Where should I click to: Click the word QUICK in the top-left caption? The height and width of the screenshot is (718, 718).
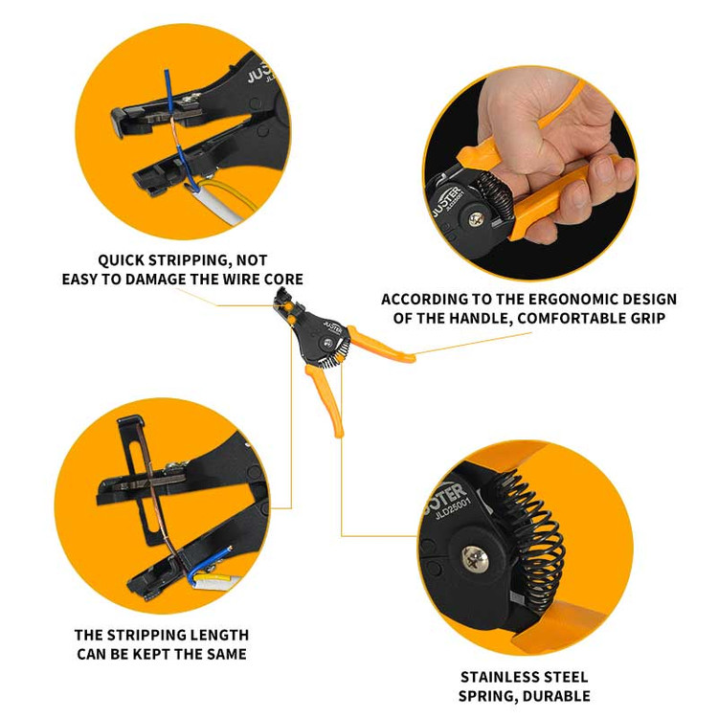(x=121, y=260)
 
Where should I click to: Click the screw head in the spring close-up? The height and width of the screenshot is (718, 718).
(x=475, y=559)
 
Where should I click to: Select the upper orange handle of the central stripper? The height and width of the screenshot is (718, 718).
(x=380, y=345)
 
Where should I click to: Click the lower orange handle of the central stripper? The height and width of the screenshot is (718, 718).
(x=326, y=397)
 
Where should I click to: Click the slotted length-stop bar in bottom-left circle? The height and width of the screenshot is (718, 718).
(x=140, y=481)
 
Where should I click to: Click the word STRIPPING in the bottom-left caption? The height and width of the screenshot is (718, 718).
(x=146, y=636)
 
